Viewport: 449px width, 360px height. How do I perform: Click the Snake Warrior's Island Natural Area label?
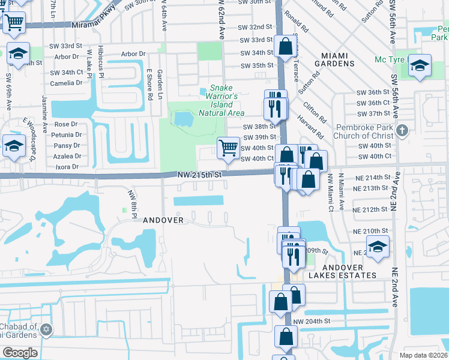coord(222,100)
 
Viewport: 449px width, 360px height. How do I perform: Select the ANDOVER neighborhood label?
coord(163,220)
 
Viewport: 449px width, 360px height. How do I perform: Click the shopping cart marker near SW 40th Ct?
coord(228,148)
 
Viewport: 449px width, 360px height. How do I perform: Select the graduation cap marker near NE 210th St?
coord(378,247)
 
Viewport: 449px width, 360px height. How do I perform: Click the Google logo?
coord(20,352)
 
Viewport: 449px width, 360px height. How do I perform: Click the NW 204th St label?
coord(312,321)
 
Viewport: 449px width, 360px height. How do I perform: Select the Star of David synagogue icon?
coord(46,329)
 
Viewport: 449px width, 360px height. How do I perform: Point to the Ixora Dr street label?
coord(67,166)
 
